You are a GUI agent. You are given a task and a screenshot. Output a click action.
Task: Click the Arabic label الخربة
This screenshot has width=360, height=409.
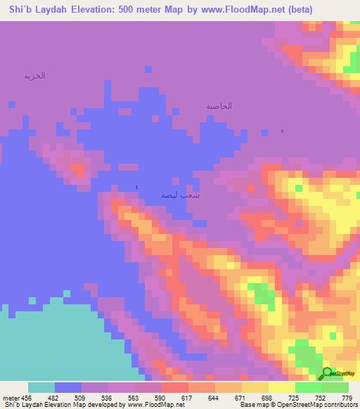(x=34, y=75)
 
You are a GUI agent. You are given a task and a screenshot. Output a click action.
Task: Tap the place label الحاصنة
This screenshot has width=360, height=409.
(x=219, y=105)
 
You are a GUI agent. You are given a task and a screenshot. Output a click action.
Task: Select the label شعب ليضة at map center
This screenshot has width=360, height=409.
(x=180, y=195)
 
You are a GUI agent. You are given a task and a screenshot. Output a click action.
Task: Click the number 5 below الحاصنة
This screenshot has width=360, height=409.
(x=283, y=131)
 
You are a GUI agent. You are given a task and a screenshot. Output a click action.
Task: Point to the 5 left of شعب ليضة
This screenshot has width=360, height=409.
(x=136, y=187)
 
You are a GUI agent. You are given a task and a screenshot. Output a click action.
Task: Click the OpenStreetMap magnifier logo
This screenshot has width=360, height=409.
(x=328, y=374)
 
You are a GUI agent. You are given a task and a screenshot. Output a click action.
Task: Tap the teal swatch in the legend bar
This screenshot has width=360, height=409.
(x=41, y=387)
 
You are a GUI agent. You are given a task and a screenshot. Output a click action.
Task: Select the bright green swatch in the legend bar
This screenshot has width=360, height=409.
(x=309, y=387)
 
